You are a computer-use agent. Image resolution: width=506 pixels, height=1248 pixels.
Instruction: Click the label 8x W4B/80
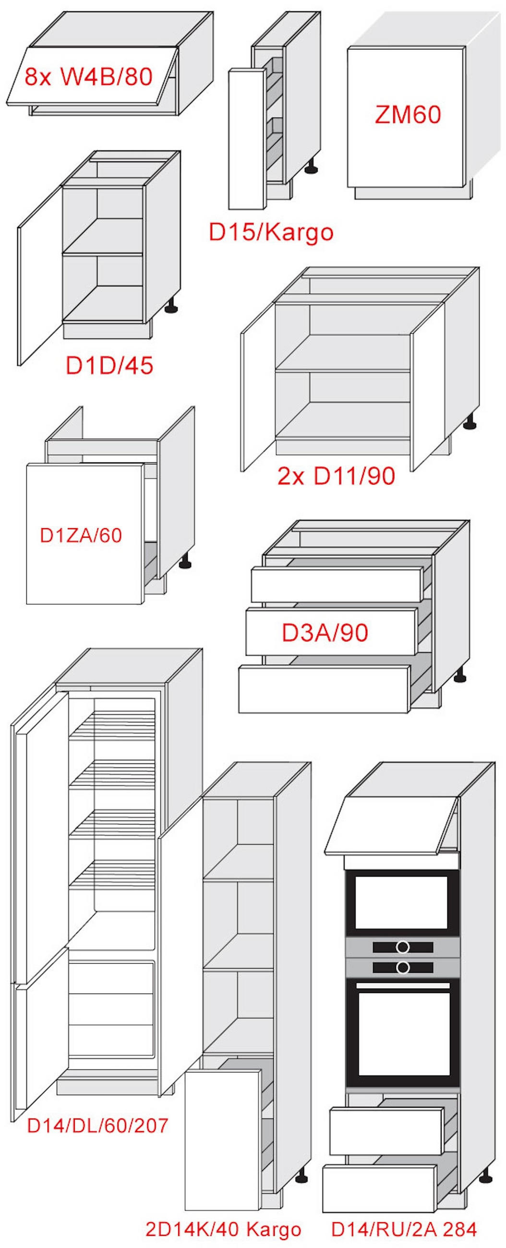pos(89,76)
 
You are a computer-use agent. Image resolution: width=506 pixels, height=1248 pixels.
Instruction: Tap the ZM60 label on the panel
pos(408,115)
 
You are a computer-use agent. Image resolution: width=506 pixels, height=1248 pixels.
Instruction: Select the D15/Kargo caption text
pos(271,232)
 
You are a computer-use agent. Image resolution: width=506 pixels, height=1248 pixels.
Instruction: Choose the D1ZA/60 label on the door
pos(81,535)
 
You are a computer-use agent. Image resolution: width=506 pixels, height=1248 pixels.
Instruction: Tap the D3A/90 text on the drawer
pos(325,632)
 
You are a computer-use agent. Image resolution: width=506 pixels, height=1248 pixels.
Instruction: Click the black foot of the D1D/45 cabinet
pos(172,305)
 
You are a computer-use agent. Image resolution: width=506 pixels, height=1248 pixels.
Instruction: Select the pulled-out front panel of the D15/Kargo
pos(247,139)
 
